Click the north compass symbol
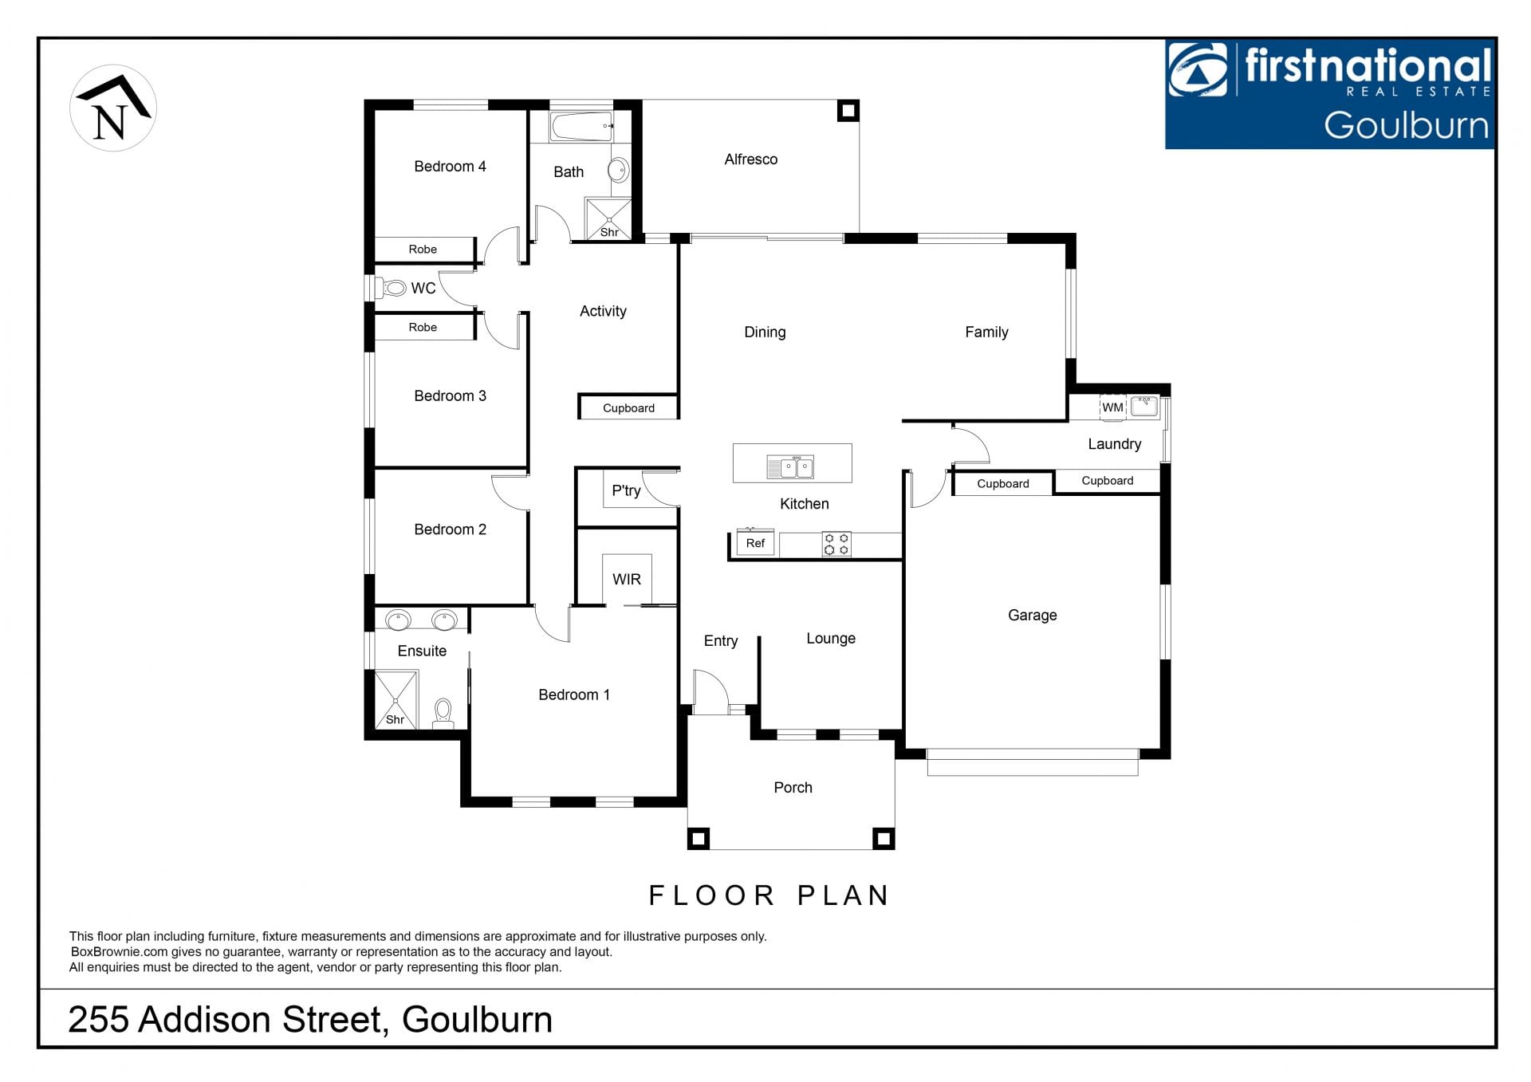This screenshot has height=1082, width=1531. pyautogui.click(x=113, y=108)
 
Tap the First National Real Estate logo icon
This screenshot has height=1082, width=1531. pyautogui.click(x=1198, y=69)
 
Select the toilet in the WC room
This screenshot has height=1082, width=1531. pyautogui.click(x=393, y=287)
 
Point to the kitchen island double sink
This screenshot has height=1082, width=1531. pyautogui.click(x=790, y=467)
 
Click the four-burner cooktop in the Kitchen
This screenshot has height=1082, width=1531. pyautogui.click(x=836, y=544)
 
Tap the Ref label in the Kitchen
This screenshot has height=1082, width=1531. pyautogui.click(x=755, y=543)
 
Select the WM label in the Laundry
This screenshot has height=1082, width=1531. pyautogui.click(x=1112, y=407)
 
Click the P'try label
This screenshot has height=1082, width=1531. pyautogui.click(x=626, y=491)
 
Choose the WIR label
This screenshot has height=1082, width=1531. pyautogui.click(x=627, y=580)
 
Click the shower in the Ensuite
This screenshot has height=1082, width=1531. pyautogui.click(x=396, y=699)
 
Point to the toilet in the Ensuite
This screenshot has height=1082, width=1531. pyautogui.click(x=443, y=713)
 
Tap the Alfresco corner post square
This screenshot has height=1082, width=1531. pyautogui.click(x=848, y=110)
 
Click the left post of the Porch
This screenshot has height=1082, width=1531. pyautogui.click(x=699, y=838)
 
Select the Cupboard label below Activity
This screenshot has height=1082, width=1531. pyautogui.click(x=628, y=408)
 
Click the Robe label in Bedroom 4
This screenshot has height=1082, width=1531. pyautogui.click(x=423, y=250)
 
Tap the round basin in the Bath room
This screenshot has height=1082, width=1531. pyautogui.click(x=619, y=170)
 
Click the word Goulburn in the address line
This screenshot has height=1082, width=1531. pyautogui.click(x=477, y=1020)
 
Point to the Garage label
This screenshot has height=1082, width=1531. pyautogui.click(x=1032, y=616)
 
